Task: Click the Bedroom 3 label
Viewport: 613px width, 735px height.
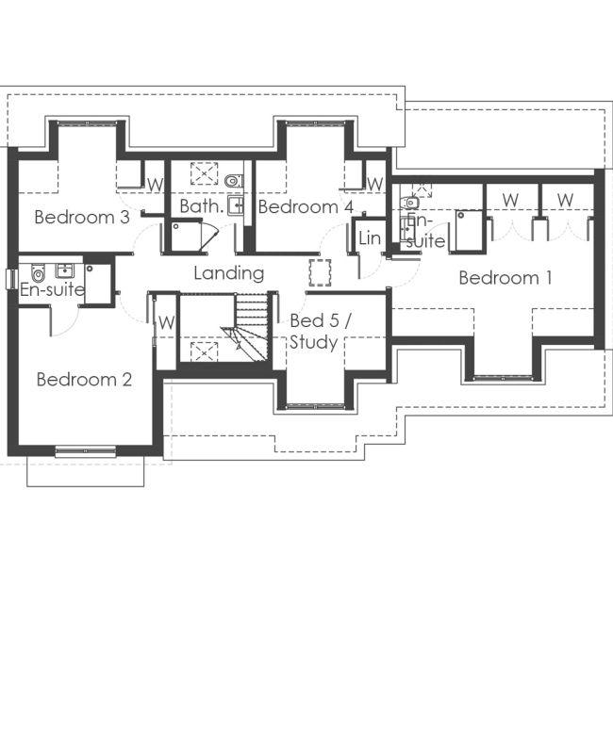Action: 81,217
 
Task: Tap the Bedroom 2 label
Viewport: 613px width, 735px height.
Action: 84,380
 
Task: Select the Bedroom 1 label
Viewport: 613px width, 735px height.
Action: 505,278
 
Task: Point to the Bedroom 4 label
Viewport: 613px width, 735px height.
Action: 306,206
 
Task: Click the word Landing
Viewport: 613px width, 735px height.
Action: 228,273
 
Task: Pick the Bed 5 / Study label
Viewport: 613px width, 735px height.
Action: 320,332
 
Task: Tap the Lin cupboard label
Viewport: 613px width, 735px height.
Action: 369,239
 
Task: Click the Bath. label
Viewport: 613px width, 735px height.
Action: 200,205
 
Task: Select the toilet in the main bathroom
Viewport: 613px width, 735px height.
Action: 234,179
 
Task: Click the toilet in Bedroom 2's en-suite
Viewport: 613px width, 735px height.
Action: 39,273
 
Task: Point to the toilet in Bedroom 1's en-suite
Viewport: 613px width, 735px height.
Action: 411,202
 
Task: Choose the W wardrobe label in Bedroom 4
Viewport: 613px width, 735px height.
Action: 374,183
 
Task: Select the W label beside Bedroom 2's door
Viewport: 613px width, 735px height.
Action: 166,321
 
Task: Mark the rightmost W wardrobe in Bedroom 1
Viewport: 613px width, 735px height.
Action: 565,200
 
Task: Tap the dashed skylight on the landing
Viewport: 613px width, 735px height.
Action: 321,272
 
